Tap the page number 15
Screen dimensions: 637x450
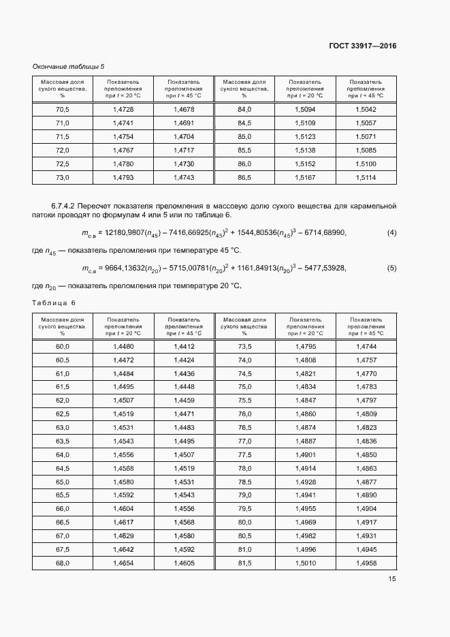pos(392,579)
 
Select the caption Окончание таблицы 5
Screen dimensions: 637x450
pos(68,66)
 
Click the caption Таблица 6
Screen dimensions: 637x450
pos(54,302)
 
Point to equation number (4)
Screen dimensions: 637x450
pos(391,233)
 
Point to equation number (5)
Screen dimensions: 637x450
pos(391,268)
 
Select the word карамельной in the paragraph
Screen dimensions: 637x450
pos(372,206)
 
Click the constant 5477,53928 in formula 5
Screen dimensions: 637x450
pos(319,268)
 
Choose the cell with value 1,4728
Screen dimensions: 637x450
pos(123,109)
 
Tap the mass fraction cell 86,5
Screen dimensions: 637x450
pos(244,177)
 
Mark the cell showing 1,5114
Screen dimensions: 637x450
pos(366,177)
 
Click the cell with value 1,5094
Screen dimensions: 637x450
pos(305,109)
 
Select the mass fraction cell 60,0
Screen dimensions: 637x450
pos(63,347)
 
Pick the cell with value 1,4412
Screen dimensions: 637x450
pos(184,347)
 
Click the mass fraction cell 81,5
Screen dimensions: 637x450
pos(244,563)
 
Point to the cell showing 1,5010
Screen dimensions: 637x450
pos(305,563)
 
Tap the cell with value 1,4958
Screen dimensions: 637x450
pos(366,563)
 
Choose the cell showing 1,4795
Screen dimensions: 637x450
pos(305,347)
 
